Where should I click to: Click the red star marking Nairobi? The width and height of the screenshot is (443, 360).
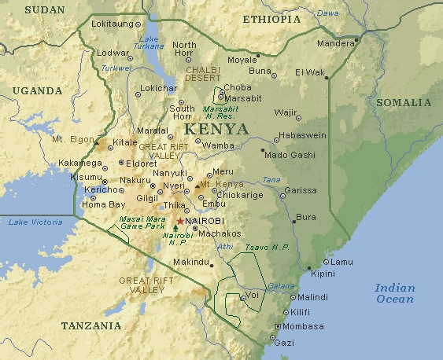[180, 222]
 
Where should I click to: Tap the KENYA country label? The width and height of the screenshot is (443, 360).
[215, 128]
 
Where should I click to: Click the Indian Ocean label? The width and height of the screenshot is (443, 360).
[394, 293]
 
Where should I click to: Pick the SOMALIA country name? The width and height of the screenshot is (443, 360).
[404, 103]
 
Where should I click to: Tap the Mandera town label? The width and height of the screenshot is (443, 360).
[335, 43]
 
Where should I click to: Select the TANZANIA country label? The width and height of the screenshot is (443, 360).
[91, 325]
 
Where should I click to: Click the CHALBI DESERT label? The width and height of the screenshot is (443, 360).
[203, 75]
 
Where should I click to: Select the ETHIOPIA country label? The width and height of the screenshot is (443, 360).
[271, 19]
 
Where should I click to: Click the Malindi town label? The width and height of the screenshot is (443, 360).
[313, 298]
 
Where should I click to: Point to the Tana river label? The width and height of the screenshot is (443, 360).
[271, 181]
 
